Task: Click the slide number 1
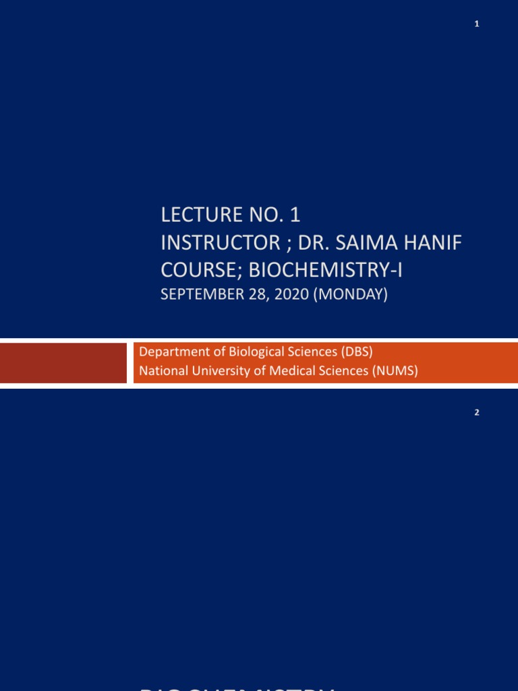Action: pyautogui.click(x=476, y=24)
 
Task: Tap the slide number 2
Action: pyautogui.click(x=476, y=413)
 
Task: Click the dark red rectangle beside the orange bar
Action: pyautogui.click(x=63, y=362)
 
